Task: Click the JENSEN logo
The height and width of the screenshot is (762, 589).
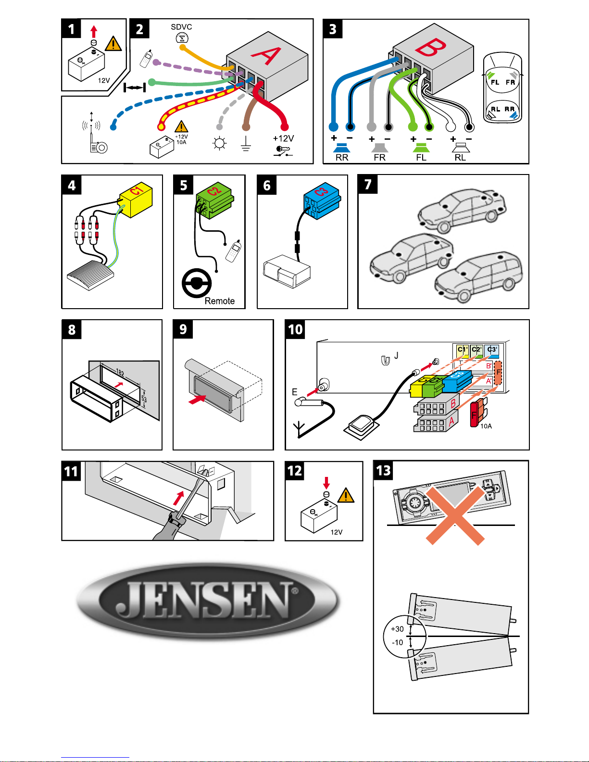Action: [208, 600]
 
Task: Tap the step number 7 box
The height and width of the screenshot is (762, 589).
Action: [367, 184]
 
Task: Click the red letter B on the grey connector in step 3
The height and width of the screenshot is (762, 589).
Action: [430, 47]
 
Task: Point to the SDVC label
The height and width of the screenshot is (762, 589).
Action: [181, 27]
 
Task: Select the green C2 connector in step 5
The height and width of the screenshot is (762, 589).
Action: [214, 200]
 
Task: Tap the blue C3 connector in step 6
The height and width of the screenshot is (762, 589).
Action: [322, 201]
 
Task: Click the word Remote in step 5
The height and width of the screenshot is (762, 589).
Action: [219, 301]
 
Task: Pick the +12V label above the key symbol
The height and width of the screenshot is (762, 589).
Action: [283, 138]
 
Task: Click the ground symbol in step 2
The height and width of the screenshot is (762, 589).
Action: [246, 144]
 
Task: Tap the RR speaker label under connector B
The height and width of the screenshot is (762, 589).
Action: [342, 158]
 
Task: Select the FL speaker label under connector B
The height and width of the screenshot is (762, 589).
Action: [421, 158]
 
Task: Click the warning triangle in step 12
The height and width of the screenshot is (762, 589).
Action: [346, 496]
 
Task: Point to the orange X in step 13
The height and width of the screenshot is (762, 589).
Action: [455, 515]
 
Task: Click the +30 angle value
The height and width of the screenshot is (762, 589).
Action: [397, 629]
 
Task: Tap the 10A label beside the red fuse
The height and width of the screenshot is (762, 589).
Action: [486, 426]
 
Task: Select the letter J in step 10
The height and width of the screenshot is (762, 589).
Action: [396, 356]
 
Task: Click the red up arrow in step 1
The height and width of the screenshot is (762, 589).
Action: [94, 32]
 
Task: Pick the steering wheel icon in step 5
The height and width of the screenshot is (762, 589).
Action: [197, 283]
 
